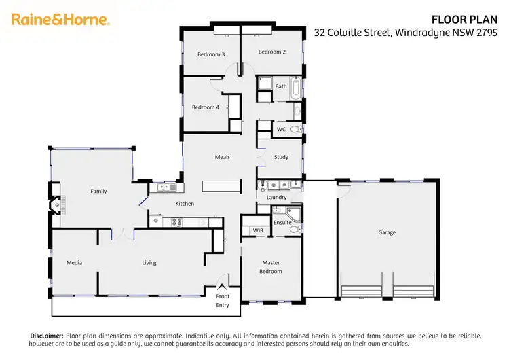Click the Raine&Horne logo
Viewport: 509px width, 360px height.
(60, 20)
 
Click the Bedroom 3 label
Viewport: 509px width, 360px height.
(211, 54)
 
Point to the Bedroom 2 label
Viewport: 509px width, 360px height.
(271, 52)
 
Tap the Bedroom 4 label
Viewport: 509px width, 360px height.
(206, 107)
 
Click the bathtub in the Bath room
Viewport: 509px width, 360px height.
(297, 87)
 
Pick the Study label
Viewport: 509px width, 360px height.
(281, 157)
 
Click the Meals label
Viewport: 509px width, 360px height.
(223, 157)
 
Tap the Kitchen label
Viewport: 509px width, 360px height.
(185, 204)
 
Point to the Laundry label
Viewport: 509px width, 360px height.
(276, 198)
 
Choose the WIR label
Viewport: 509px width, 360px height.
(258, 231)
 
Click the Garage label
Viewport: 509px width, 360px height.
(387, 232)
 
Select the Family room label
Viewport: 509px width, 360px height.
(99, 192)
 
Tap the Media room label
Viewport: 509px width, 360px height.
(74, 262)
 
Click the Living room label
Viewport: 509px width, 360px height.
(149, 262)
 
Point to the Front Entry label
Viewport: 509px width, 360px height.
(223, 301)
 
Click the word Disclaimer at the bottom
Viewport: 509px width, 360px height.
(46, 336)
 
